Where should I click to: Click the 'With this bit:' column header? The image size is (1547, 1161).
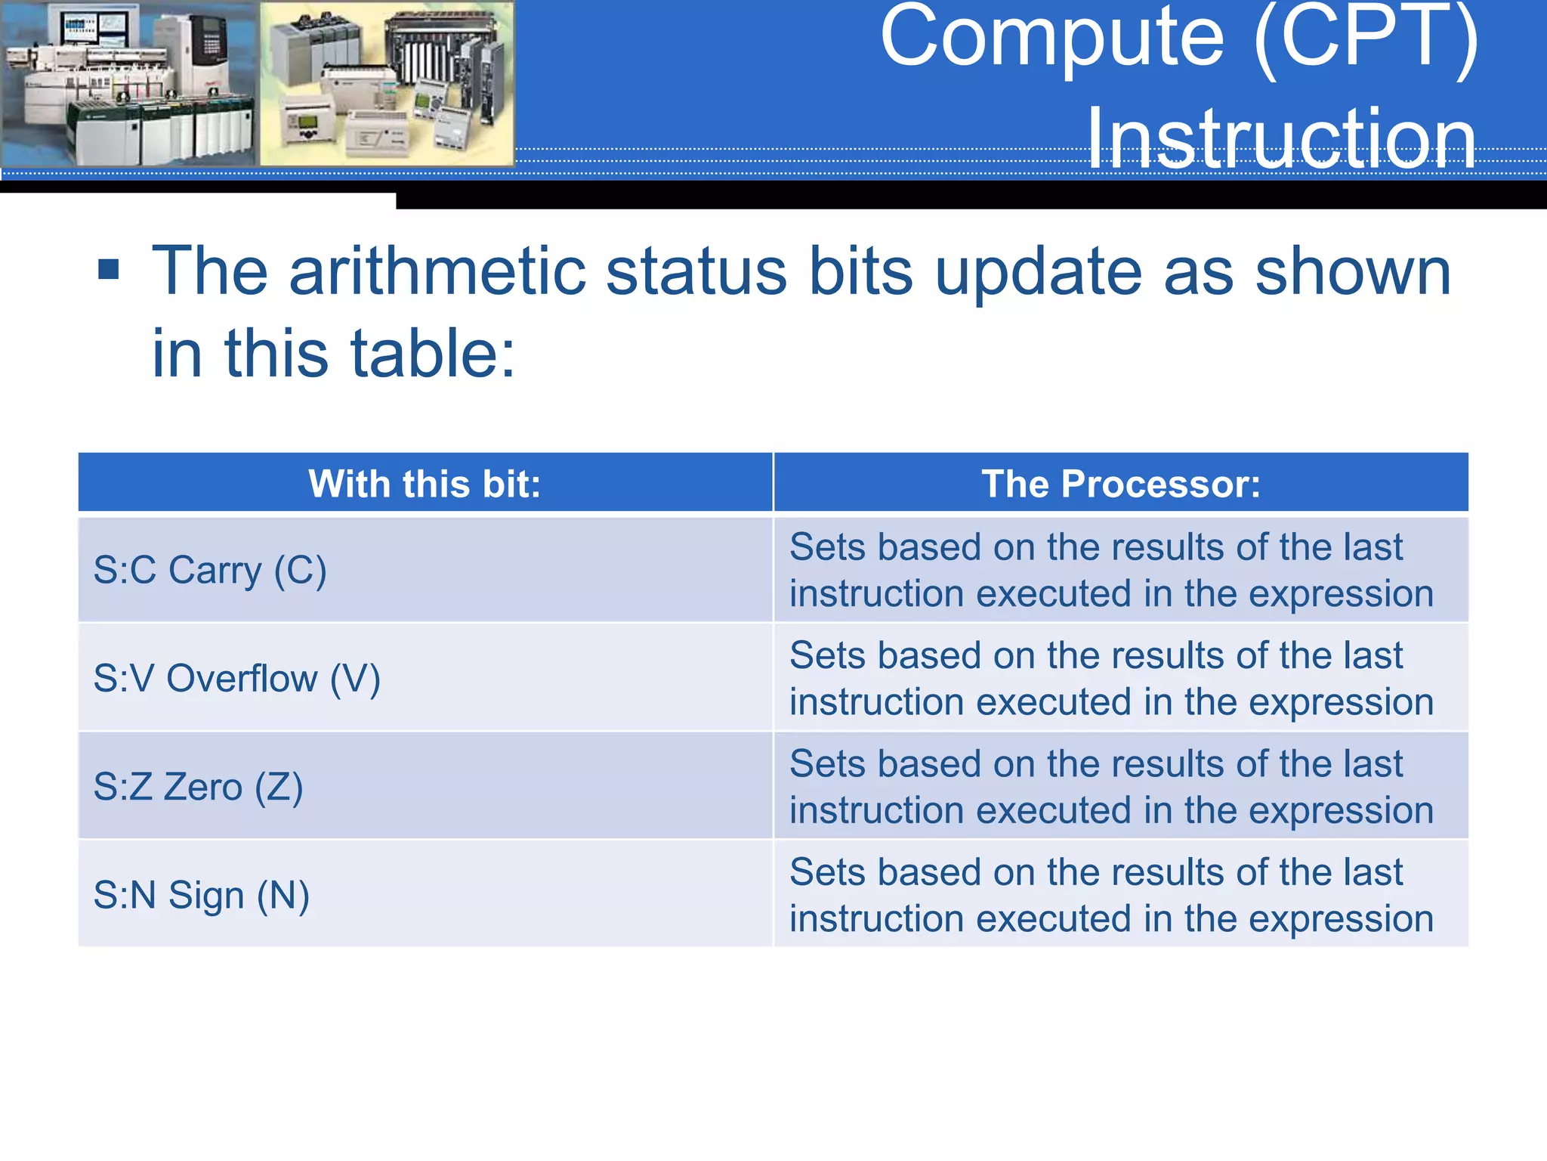425,484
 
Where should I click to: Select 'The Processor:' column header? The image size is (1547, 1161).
1121,484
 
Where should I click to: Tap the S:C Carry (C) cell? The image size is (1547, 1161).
210,570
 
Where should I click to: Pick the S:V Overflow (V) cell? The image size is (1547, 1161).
236,678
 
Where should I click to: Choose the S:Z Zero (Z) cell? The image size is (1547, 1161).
198,787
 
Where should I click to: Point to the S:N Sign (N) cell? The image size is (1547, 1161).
201,895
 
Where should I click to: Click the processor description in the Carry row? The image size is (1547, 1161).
1111,570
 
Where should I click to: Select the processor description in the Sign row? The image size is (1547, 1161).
1111,895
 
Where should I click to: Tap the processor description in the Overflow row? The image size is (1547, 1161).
1111,678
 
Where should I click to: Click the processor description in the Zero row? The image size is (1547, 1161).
1111,787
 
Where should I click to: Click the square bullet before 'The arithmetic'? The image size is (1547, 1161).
109,269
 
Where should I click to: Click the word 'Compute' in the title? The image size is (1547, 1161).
1052,38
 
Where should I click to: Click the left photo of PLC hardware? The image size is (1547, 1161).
129,83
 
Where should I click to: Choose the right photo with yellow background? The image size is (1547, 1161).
387,83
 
